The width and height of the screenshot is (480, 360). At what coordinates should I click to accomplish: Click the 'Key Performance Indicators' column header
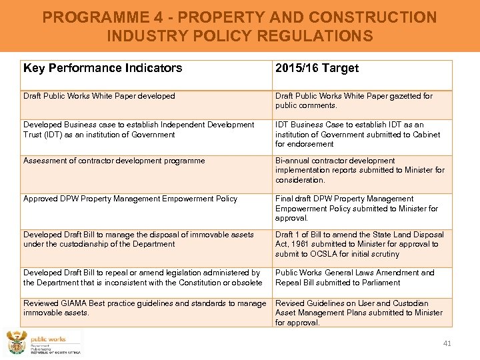(x=103, y=68)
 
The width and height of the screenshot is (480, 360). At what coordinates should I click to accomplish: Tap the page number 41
(x=447, y=343)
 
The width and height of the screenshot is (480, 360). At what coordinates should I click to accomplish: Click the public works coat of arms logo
(x=15, y=343)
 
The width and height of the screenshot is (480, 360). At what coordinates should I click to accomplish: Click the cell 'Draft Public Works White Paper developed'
(x=99, y=96)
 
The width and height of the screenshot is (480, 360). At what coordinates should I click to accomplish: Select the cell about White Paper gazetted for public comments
(x=354, y=101)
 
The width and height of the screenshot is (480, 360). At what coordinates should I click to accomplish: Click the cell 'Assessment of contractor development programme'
(x=114, y=161)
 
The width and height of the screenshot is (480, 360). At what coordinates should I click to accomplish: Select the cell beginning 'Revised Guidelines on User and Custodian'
(x=359, y=313)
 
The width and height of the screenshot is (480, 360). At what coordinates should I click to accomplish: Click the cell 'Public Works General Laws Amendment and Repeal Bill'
(x=355, y=277)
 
